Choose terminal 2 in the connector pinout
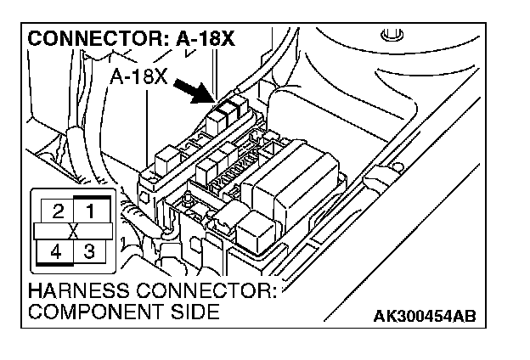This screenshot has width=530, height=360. pos(55,210)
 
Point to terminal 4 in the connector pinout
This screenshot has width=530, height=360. pos(55,251)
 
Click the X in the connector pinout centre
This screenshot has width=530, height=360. pos(73,230)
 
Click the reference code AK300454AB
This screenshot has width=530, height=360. pos(424,317)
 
